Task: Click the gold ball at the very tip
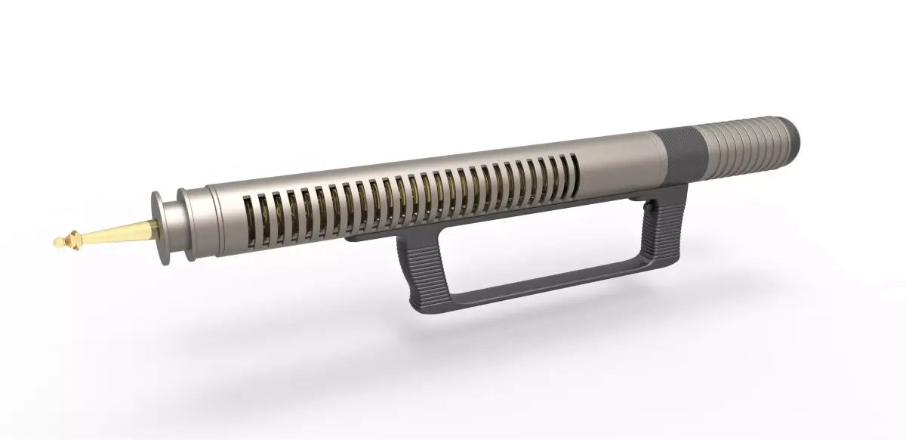[x=57, y=243]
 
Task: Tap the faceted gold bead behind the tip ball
[x=72, y=240]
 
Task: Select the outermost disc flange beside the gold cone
[x=160, y=228]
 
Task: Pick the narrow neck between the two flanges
[x=174, y=225]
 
